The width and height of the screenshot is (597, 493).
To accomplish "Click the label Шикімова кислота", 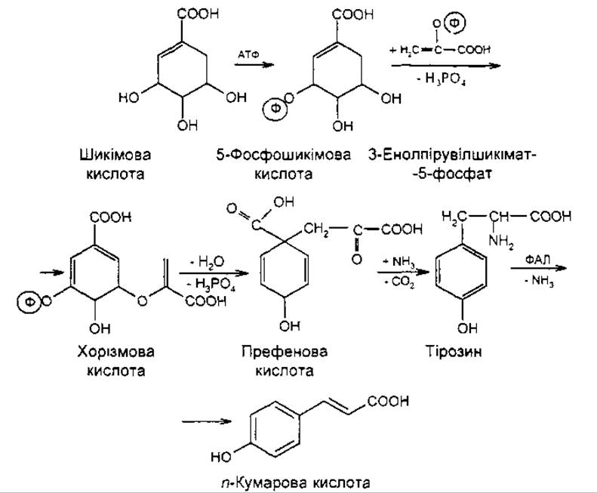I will (x=114, y=164).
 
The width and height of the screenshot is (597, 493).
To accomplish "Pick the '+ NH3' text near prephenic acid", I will (x=395, y=260).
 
